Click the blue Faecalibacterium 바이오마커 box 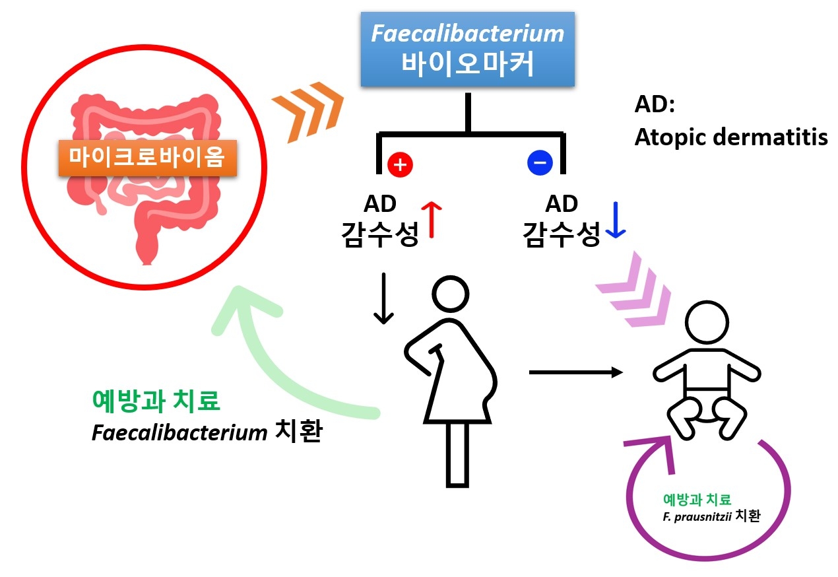click(x=468, y=50)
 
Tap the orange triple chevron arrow click(x=307, y=111)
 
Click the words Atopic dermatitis click(x=730, y=137)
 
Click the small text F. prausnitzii click(x=697, y=516)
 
